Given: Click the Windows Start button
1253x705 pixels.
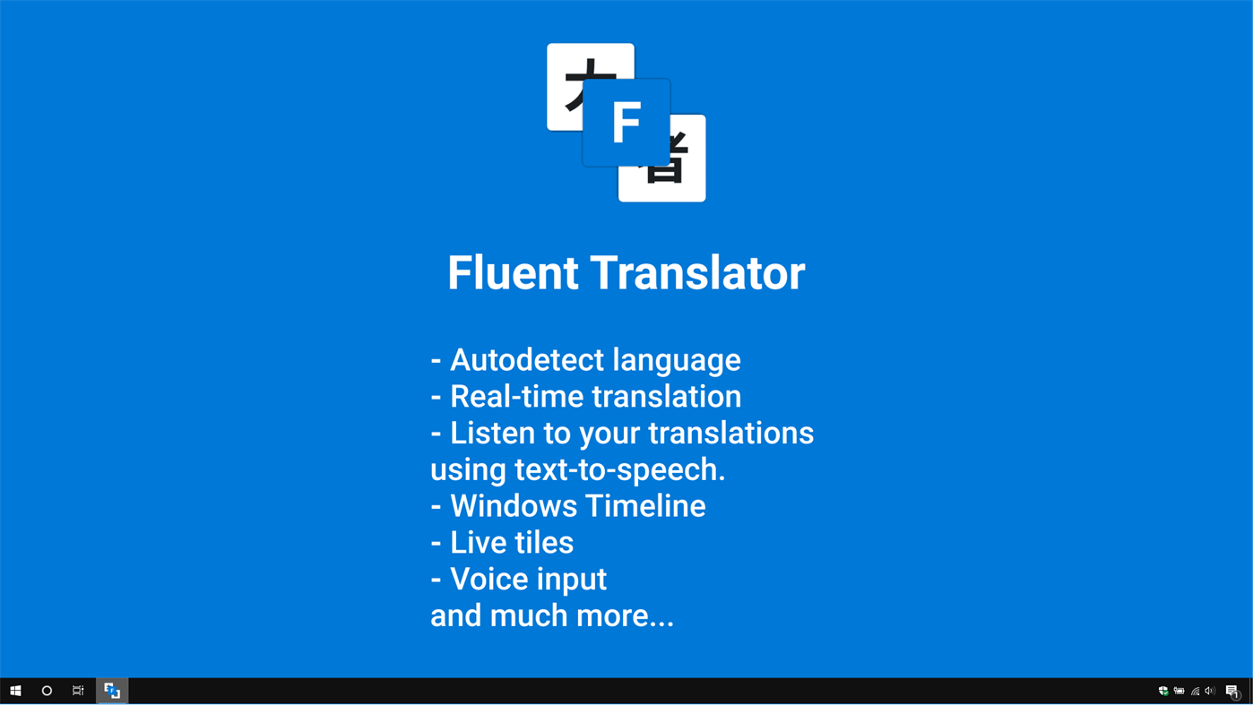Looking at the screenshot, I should [15, 691].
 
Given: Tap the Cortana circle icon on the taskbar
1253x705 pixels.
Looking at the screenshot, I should [47, 691].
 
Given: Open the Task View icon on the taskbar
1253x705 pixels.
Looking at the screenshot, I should [78, 691].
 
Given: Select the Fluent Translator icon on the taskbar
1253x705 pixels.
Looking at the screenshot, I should [112, 691].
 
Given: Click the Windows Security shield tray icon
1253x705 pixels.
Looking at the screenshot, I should [1163, 691].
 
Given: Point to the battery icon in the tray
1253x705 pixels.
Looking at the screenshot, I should [1180, 691].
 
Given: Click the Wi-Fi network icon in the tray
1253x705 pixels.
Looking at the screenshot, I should [1195, 691].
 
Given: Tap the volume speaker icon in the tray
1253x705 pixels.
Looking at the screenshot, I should [1210, 691].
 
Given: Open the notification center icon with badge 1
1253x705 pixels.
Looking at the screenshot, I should [1232, 691].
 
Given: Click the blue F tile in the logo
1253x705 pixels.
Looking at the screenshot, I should [626, 123].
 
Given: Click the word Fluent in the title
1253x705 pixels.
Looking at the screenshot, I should [513, 273].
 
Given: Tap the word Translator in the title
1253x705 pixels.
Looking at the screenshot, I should [697, 273].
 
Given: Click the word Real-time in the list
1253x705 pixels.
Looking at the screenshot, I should [516, 397].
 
